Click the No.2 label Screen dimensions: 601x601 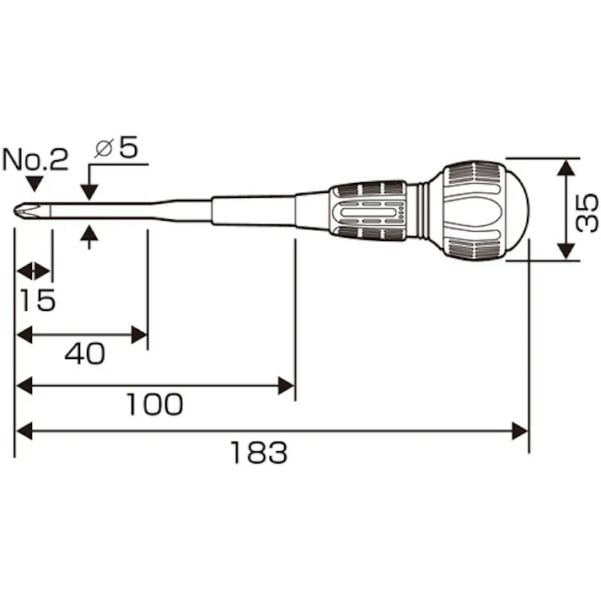(x=35, y=160)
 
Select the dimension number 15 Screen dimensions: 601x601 (x=36, y=299)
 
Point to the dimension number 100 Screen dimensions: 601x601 (x=154, y=405)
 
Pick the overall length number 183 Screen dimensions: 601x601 (x=259, y=453)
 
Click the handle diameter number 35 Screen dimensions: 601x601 (x=588, y=210)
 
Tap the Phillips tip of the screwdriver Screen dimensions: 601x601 (x=24, y=209)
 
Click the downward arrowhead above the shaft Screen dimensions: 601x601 (x=91, y=193)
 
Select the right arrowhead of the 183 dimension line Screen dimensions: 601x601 (x=520, y=432)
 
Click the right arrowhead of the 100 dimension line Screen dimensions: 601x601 (x=287, y=386)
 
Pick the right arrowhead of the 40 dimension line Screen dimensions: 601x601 (x=139, y=335)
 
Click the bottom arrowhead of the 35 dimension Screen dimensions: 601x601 (x=566, y=252)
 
